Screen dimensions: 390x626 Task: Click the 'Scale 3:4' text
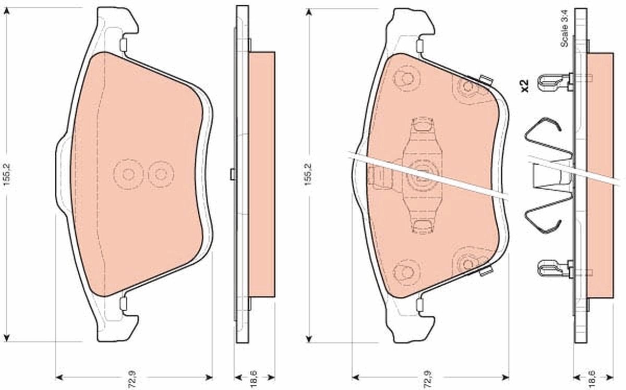tap(564, 33)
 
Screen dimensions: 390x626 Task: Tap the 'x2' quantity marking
tap(525, 86)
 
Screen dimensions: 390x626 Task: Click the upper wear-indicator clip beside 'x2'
tap(554, 80)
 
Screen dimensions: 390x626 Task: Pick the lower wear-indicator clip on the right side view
tap(554, 270)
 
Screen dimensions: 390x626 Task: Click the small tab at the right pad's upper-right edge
tap(486, 80)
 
